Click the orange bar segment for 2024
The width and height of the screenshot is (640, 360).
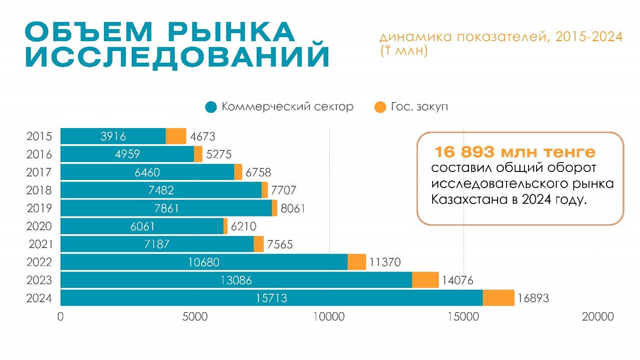[498, 298]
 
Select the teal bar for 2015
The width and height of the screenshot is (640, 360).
[113, 136]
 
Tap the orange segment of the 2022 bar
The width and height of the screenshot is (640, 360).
[357, 262]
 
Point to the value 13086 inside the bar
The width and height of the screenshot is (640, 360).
[236, 280]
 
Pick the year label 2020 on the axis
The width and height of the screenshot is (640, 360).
[39, 226]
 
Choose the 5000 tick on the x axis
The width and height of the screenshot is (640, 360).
[195, 317]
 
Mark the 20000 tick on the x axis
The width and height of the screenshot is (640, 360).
[597, 317]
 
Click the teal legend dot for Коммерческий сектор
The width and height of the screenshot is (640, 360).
[211, 107]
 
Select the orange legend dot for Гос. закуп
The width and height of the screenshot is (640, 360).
[380, 107]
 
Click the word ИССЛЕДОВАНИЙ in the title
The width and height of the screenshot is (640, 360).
[177, 57]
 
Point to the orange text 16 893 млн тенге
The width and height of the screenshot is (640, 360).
[515, 153]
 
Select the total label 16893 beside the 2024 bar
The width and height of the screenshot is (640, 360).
[533, 298]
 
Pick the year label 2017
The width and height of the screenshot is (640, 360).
[39, 172]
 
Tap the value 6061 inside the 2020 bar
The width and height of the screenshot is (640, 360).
[142, 227]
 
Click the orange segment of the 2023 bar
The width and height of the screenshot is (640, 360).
[425, 280]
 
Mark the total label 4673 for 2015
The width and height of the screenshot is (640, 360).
[202, 136]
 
